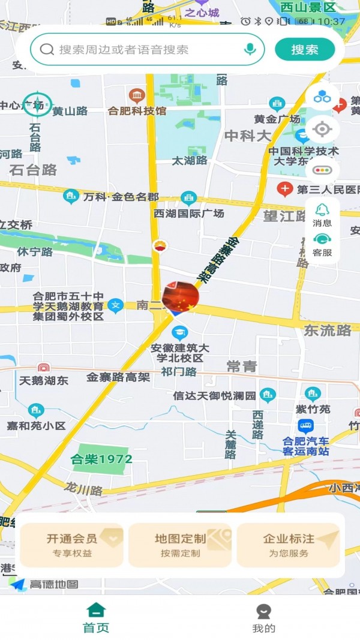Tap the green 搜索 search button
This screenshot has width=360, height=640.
coord(305,50)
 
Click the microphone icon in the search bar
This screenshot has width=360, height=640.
coord(250,49)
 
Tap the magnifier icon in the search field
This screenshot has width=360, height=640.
coord(47,49)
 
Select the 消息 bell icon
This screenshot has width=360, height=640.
coord(322,211)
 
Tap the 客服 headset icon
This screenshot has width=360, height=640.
coord(322,241)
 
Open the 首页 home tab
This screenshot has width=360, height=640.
coord(96,618)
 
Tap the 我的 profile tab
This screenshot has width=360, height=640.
coord(263,618)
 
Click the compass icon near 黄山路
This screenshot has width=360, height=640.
coord(35,104)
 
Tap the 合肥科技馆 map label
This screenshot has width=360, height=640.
coord(137,110)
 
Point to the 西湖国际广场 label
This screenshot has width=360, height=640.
coord(188,213)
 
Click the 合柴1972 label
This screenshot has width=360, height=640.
coord(101,459)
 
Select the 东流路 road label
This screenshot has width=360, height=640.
coord(328,330)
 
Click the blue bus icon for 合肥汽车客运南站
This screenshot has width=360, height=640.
coord(306,426)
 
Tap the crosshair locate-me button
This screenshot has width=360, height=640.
coord(322,129)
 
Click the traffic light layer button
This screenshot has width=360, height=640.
coord(322,170)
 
